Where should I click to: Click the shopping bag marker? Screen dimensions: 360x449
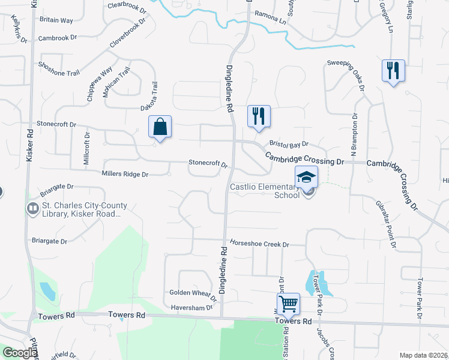(x=160, y=127)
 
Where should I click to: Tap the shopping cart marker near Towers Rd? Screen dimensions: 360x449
(x=288, y=304)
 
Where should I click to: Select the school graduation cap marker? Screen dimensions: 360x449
(x=306, y=178)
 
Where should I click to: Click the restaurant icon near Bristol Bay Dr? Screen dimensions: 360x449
(x=259, y=116)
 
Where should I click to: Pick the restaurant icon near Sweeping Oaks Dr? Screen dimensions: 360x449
(x=393, y=71)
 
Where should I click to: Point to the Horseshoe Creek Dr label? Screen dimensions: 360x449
(x=260, y=245)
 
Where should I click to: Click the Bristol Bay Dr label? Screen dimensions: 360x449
(x=288, y=144)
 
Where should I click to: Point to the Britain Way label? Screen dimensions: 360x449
(x=56, y=20)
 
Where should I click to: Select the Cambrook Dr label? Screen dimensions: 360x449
(x=58, y=37)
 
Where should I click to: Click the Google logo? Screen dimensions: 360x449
(x=20, y=353)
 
